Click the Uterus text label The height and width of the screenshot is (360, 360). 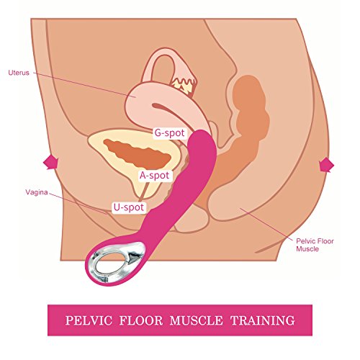click(19, 73)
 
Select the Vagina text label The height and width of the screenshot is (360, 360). click(37, 192)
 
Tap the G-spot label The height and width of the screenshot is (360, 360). click(169, 132)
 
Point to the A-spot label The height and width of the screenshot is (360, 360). click(155, 176)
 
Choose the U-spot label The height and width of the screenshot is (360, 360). click(129, 207)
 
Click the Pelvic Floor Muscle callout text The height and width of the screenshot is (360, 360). click(315, 245)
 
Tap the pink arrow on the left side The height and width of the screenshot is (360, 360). click(50, 163)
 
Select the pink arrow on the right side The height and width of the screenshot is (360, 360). click(326, 165)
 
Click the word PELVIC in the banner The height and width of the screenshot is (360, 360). click(89, 320)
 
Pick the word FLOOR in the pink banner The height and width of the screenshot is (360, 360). click(141, 320)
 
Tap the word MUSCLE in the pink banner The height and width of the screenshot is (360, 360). click(196, 320)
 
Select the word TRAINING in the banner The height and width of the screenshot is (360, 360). click(263, 320)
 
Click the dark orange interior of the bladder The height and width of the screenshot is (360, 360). click(137, 153)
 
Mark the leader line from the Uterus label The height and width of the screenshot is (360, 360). click(84, 84)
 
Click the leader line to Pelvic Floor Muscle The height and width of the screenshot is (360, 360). click(266, 224)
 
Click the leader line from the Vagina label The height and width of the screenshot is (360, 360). click(77, 204)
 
